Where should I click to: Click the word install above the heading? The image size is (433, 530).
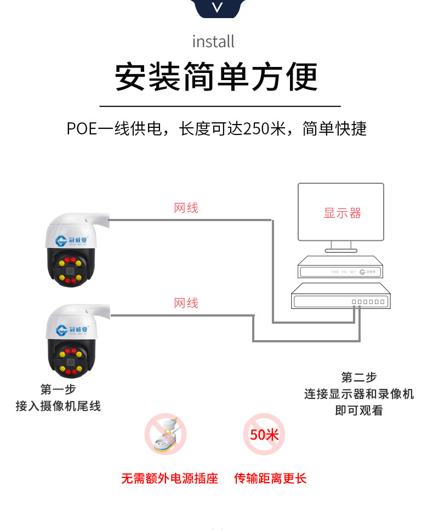213,41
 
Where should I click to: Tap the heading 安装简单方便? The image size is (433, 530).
216,77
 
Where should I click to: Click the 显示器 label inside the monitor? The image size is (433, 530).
342,213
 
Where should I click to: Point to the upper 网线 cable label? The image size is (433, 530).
186,208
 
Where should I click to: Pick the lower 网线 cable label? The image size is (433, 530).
186,303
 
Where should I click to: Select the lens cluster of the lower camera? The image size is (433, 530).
71,360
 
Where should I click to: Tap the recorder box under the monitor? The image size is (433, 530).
340,269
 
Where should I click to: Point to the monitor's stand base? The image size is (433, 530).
340,250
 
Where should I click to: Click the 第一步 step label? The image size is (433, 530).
58,390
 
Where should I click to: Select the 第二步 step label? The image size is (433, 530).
359,377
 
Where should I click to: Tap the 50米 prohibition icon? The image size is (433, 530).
264,435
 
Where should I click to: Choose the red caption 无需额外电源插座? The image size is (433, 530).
169,478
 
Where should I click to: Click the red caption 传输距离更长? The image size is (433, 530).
270,478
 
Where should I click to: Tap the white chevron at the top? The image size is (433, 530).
218,8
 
